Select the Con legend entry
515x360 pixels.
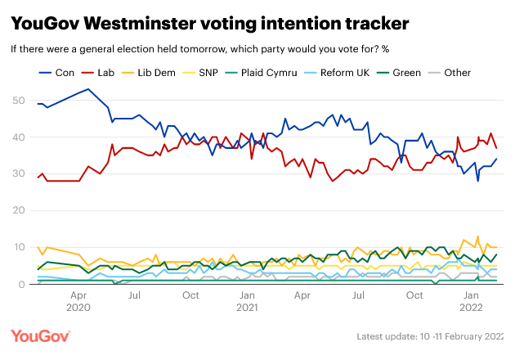[x=56, y=73]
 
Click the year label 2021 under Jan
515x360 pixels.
[x=246, y=308]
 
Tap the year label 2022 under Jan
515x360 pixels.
[x=471, y=308]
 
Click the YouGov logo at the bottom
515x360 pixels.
[x=40, y=336]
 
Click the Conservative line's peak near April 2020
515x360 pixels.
[x=87, y=89]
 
